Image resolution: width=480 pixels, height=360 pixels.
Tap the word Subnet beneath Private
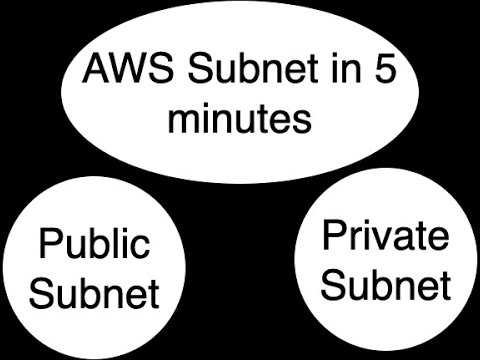pyautogui.click(x=385, y=286)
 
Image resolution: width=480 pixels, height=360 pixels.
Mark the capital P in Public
pyautogui.click(x=48, y=245)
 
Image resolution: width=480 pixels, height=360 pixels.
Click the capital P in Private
pyautogui.click(x=332, y=239)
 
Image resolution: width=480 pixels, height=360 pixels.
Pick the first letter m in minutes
pyautogui.click(x=180, y=121)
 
